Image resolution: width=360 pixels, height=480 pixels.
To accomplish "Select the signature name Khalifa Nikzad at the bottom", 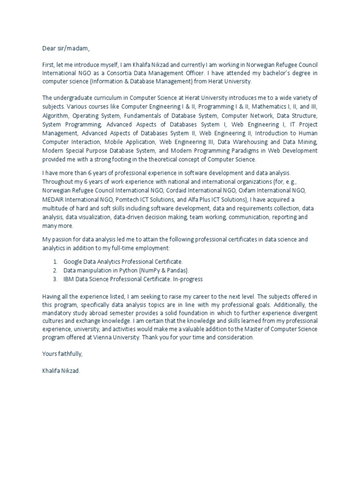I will coord(61,371).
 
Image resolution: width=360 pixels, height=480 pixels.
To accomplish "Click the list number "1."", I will coord(55,262).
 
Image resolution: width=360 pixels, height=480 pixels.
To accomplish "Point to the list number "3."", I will coord(55,279).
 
